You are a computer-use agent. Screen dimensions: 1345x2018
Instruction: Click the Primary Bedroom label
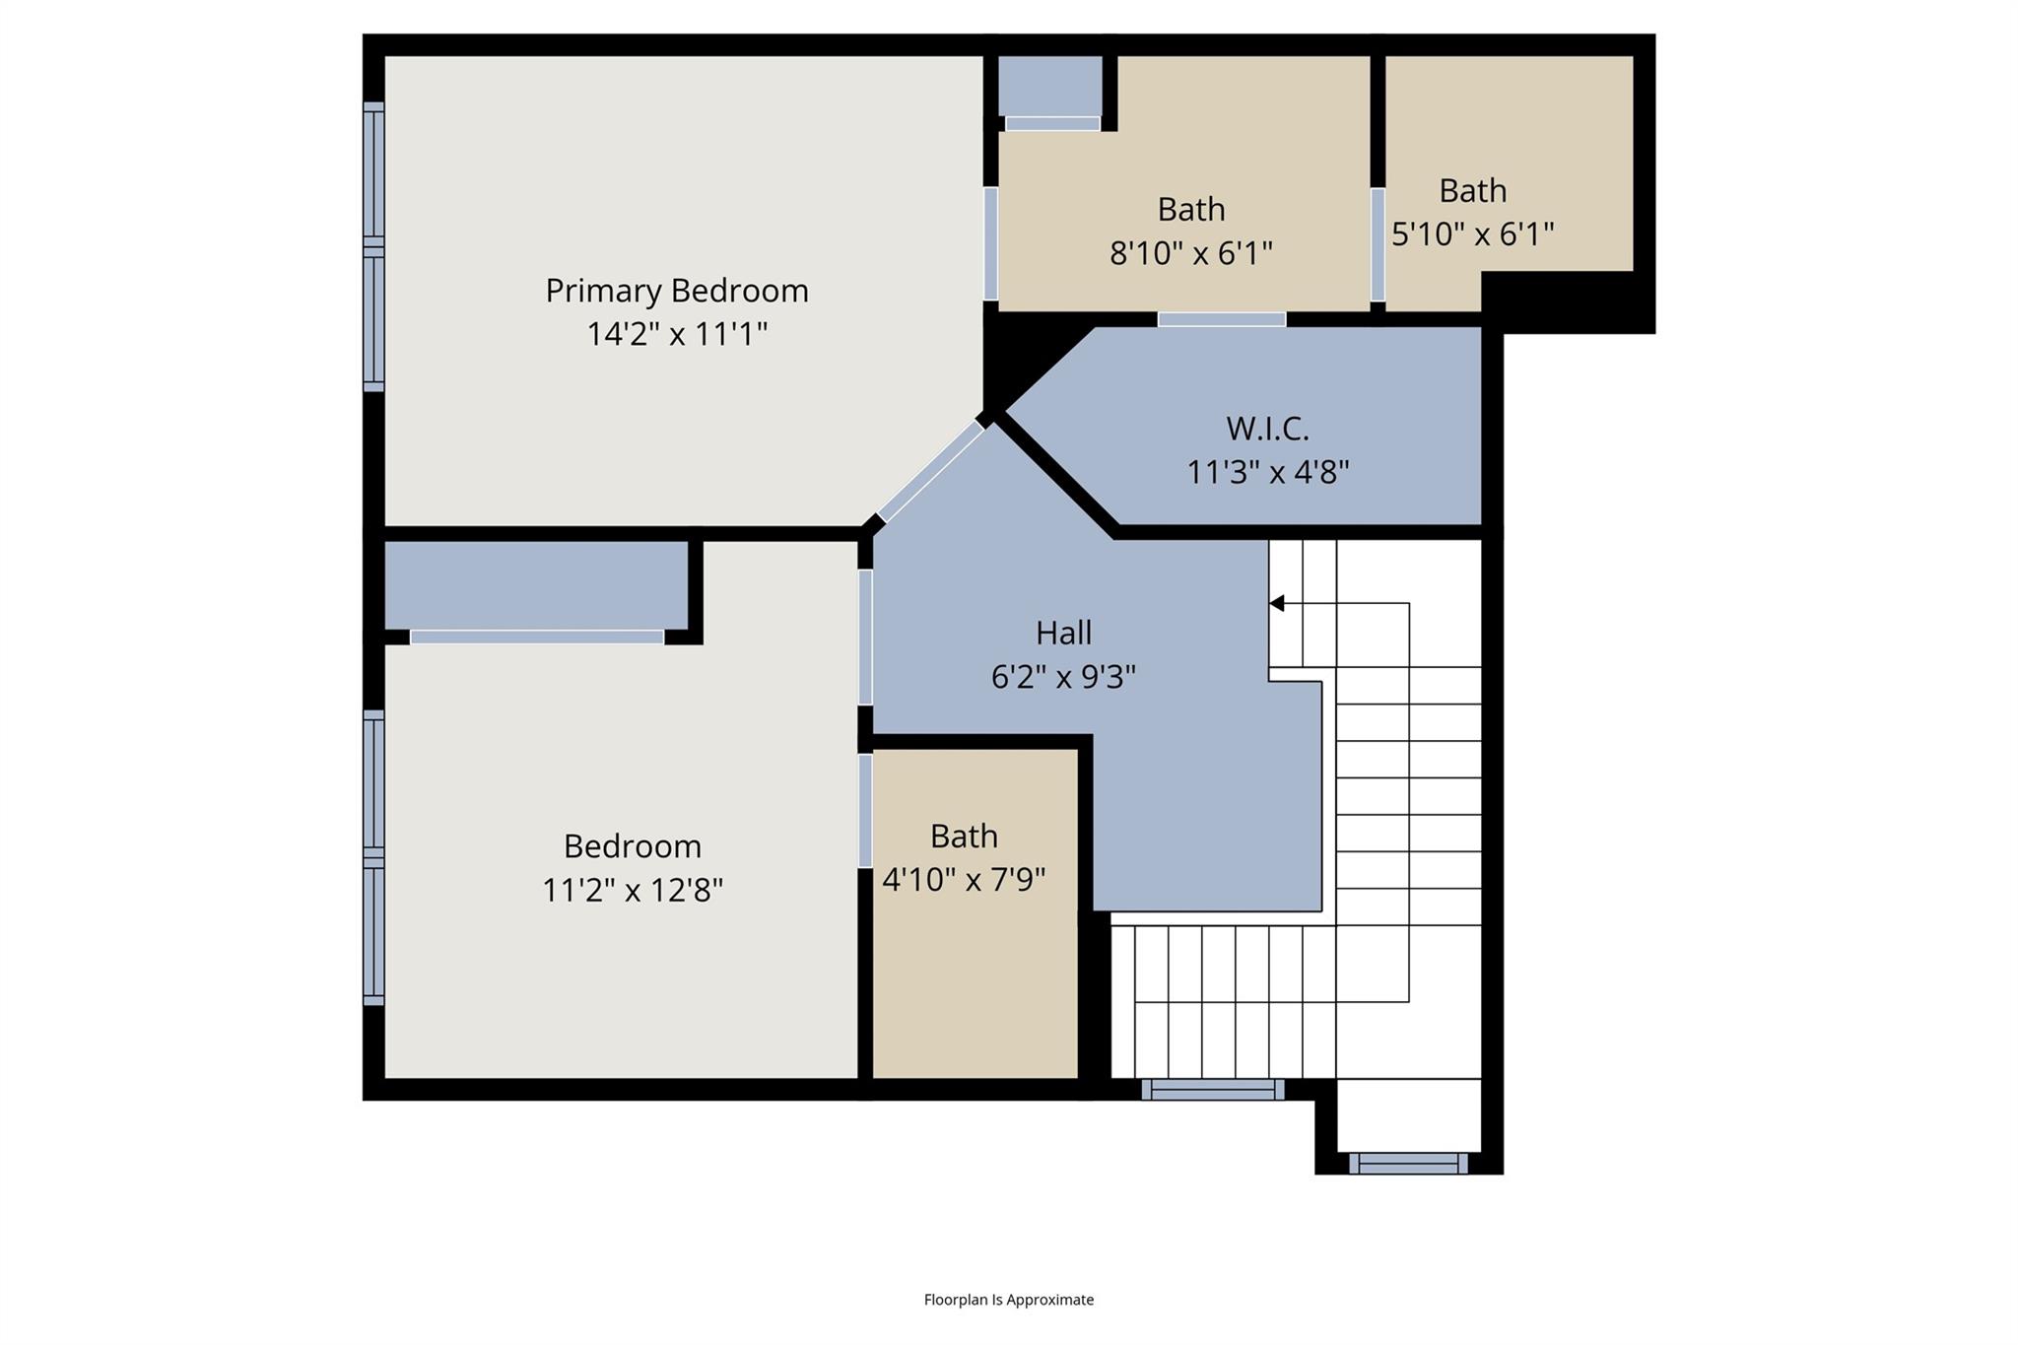click(x=676, y=291)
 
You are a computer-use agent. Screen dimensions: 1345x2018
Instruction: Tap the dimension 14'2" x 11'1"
click(x=676, y=335)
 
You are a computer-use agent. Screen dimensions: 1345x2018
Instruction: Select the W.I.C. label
click(x=1267, y=429)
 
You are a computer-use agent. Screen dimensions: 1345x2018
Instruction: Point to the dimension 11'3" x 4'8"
click(x=1267, y=473)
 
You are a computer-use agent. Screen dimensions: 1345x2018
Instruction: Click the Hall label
click(x=1063, y=633)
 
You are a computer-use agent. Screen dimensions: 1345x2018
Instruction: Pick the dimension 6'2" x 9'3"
click(x=1063, y=677)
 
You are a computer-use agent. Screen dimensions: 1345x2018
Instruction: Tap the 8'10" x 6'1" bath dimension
click(x=1190, y=253)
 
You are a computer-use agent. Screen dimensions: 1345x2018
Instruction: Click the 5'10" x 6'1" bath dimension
click(x=1472, y=235)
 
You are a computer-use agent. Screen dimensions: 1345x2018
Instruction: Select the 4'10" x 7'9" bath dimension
click(x=963, y=879)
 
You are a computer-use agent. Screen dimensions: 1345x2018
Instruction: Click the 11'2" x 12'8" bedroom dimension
click(x=632, y=891)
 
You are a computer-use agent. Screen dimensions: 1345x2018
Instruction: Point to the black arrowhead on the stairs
click(x=1277, y=603)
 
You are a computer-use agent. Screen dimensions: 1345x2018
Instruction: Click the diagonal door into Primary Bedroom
click(x=930, y=472)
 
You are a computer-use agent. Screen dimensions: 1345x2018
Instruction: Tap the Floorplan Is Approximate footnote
click(x=1008, y=1300)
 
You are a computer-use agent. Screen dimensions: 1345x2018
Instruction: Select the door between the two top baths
click(x=1378, y=244)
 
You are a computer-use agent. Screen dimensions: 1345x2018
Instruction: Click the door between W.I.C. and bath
click(x=1221, y=319)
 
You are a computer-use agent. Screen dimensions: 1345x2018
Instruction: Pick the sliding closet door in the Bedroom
click(x=537, y=638)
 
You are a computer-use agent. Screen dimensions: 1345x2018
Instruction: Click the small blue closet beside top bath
click(x=1049, y=86)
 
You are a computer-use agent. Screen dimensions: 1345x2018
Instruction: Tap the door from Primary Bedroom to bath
click(x=990, y=243)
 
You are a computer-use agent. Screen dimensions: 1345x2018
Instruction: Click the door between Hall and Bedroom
click(x=865, y=637)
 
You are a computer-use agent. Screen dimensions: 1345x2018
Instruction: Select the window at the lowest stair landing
click(x=1408, y=1164)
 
